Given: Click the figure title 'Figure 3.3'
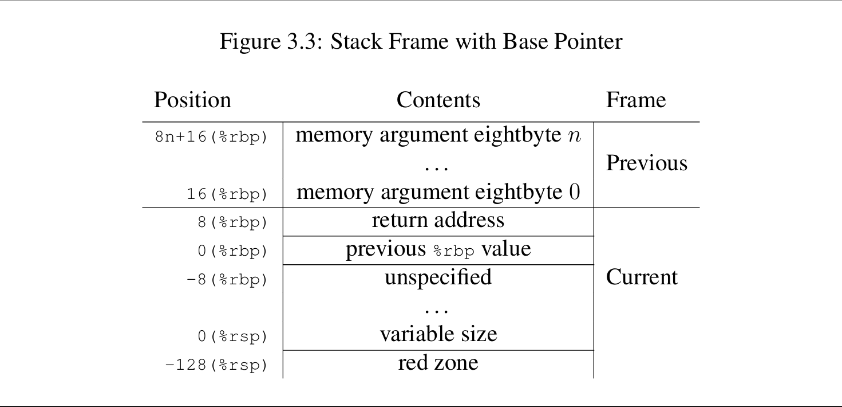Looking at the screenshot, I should pyautogui.click(x=421, y=42).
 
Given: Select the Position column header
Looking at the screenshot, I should pyautogui.click(x=192, y=100).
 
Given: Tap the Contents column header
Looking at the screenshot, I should pyautogui.click(x=438, y=100).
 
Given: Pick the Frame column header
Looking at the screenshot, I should pyautogui.click(x=636, y=100).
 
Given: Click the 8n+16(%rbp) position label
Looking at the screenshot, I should pyautogui.click(x=211, y=138).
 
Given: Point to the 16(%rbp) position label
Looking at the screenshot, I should pyautogui.click(x=227, y=194).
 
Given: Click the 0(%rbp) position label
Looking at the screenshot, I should pyautogui.click(x=232, y=251).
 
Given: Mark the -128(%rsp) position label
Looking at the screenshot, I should pyautogui.click(x=216, y=365).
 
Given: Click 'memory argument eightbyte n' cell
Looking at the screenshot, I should pyautogui.click(x=438, y=135).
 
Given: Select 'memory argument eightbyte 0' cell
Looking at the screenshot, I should pyautogui.click(x=438, y=192).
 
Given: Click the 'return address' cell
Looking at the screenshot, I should pyautogui.click(x=438, y=220).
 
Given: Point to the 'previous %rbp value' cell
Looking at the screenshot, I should pyautogui.click(x=438, y=249).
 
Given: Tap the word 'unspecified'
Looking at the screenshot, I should pyautogui.click(x=438, y=277).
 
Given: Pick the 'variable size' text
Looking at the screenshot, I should pyautogui.click(x=438, y=334).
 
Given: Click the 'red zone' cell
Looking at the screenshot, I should pyautogui.click(x=438, y=363).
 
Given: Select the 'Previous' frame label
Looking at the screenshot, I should pyautogui.click(x=646, y=163).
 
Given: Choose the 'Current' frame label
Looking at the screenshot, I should pyautogui.click(x=642, y=277).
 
